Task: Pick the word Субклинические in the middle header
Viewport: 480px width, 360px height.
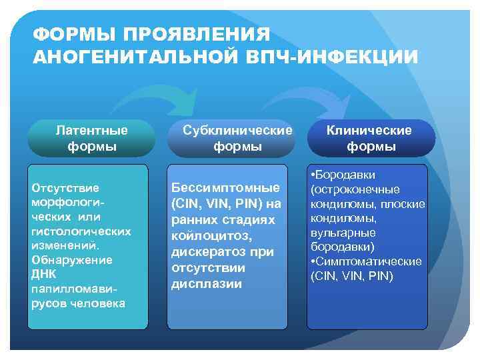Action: pos(238,130)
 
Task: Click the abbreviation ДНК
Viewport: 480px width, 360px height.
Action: pos(45,274)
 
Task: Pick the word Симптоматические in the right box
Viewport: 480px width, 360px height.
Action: pos(369,261)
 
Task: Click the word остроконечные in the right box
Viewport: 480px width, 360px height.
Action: pos(355,189)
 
